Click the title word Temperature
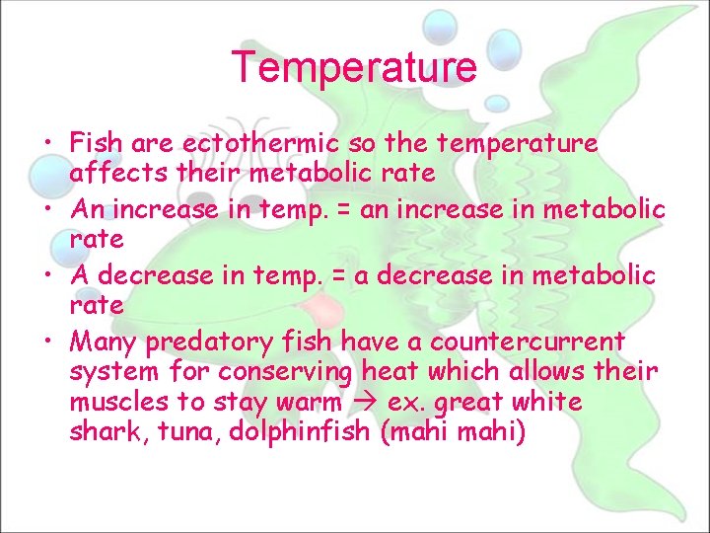(354, 67)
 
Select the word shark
(103, 432)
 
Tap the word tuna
(177, 432)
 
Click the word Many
(104, 343)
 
